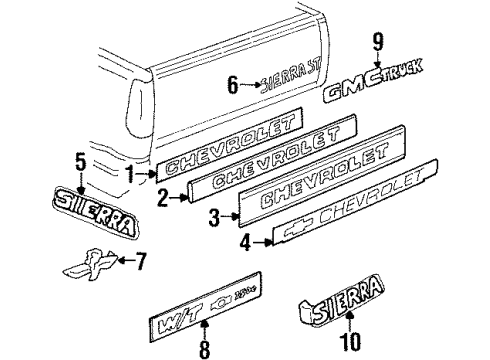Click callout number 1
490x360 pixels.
pyautogui.click(x=129, y=175)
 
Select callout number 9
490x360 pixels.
pyautogui.click(x=378, y=44)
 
